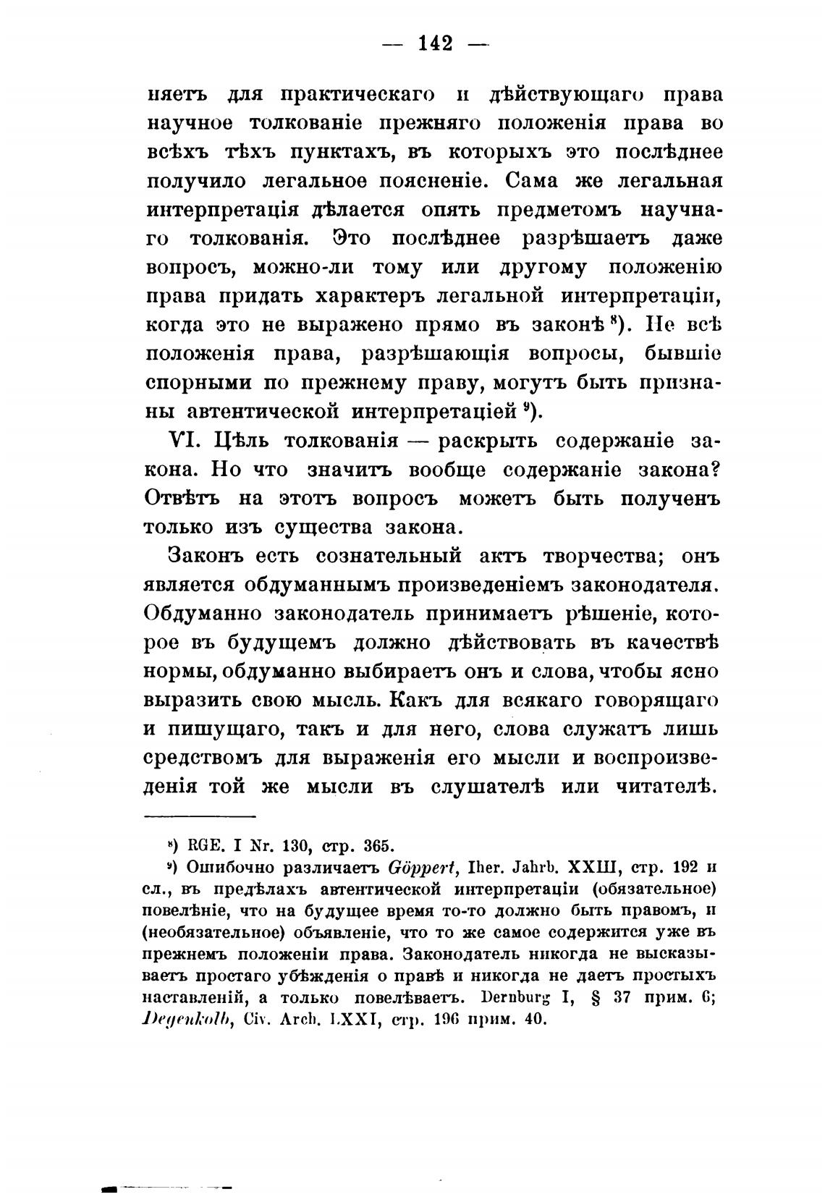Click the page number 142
436,43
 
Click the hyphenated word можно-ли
303,267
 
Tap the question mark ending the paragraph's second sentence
715,469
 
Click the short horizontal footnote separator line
201,817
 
